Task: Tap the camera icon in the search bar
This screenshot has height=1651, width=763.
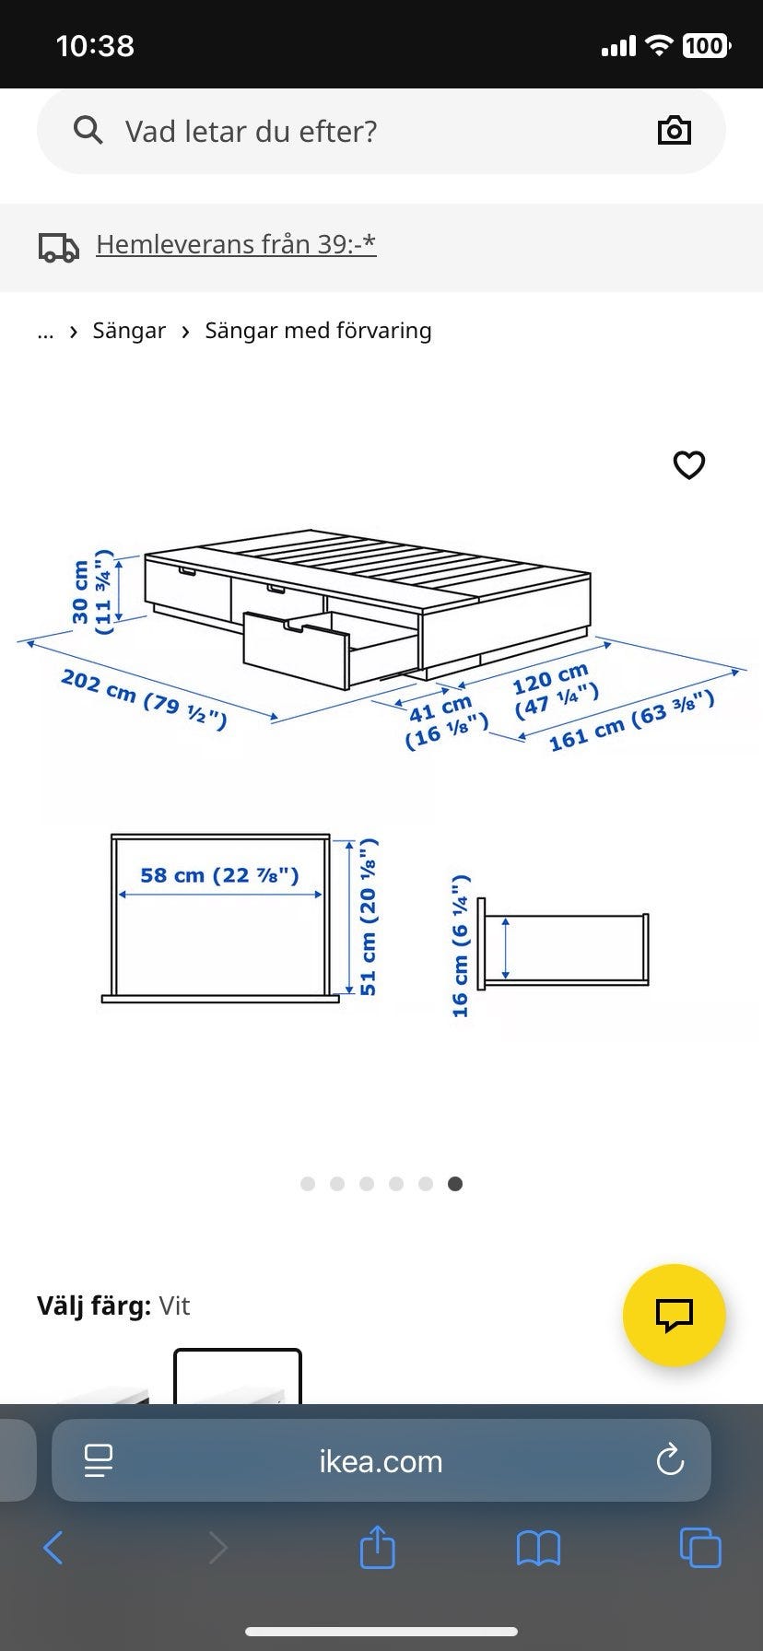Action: coord(675,131)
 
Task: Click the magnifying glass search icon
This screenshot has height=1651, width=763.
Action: coord(88,131)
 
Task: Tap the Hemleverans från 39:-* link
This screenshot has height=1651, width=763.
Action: coord(236,244)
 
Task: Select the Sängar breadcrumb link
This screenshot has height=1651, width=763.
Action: coord(129,331)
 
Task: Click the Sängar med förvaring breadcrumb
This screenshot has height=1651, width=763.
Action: coord(318,331)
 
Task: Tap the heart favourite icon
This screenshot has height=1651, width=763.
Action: coord(689,465)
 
